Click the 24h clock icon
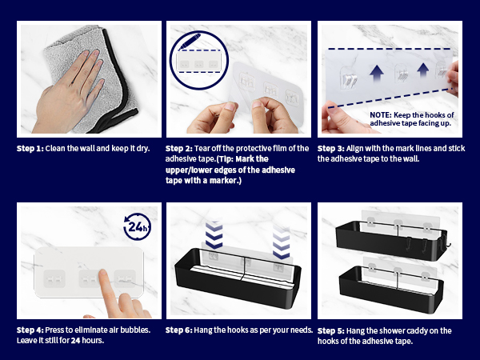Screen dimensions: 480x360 pyautogui.click(x=137, y=227)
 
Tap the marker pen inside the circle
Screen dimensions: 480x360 pyautogui.click(x=190, y=42)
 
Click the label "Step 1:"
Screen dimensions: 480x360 pyautogui.click(x=30, y=149)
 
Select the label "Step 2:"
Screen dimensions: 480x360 pyautogui.click(x=178, y=149)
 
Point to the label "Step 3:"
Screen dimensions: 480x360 pyautogui.click(x=331, y=149)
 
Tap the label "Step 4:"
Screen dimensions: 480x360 pyautogui.click(x=30, y=330)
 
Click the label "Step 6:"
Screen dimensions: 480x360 pyautogui.click(x=178, y=330)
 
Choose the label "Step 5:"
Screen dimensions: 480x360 pyautogui.click(x=331, y=331)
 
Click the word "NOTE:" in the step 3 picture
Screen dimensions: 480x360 pyautogui.click(x=381, y=115)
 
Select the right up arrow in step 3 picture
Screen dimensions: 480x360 pyautogui.click(x=423, y=70)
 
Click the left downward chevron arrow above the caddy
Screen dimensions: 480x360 pyautogui.click(x=214, y=234)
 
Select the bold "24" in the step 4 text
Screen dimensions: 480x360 pyautogui.click(x=76, y=341)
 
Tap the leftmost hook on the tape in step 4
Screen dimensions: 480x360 pyautogui.click(x=54, y=279)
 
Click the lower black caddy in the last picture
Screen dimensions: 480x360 pyautogui.click(x=391, y=290)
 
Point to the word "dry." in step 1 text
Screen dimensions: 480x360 pyautogui.click(x=143, y=149)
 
